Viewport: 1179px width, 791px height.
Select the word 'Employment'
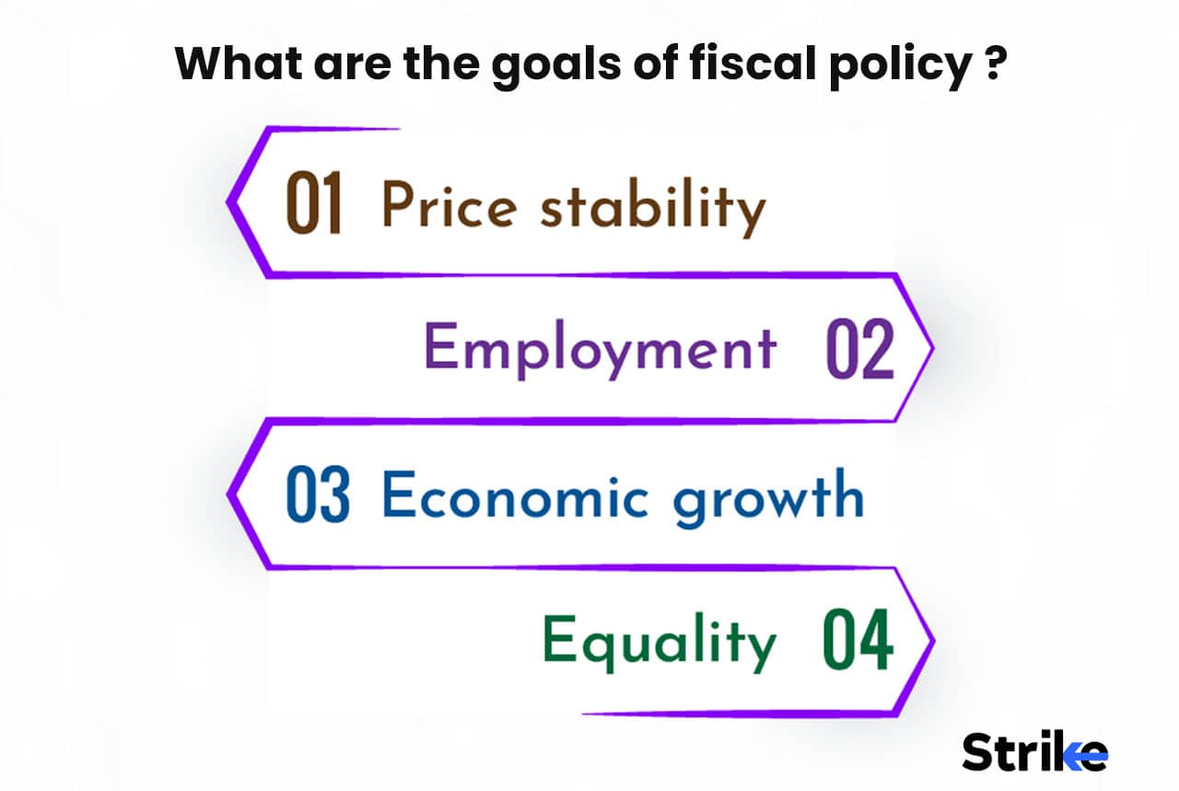[600, 351]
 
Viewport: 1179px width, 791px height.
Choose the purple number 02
[859, 351]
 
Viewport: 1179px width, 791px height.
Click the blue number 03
[317, 495]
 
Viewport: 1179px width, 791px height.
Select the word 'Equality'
[659, 642]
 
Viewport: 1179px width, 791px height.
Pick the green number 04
[858, 641]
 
